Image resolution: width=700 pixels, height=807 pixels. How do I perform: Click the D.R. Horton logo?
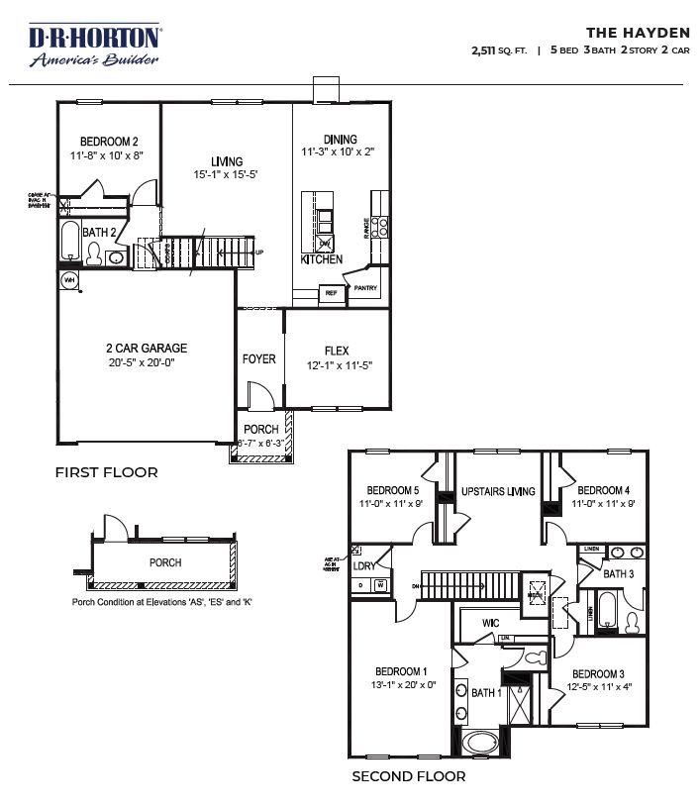click(x=94, y=46)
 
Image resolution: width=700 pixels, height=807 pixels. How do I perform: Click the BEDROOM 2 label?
click(x=108, y=142)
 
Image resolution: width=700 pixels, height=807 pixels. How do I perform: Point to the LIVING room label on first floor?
click(x=226, y=161)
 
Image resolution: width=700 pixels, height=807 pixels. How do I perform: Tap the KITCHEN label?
click(x=322, y=259)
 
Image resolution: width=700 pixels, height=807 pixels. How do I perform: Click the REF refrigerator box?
click(x=330, y=293)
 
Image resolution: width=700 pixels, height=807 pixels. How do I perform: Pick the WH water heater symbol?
click(x=69, y=281)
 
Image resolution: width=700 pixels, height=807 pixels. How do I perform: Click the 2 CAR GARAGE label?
click(x=147, y=349)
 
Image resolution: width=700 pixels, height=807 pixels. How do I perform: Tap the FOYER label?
click(x=259, y=358)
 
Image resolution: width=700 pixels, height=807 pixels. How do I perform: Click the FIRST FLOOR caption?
click(x=106, y=472)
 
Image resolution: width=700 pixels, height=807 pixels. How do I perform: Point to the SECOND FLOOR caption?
click(x=409, y=777)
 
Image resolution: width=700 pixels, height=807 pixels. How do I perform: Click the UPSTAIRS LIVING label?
click(x=498, y=492)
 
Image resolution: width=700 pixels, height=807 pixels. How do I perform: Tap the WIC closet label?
click(x=489, y=624)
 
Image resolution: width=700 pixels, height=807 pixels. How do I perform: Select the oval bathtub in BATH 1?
click(x=483, y=742)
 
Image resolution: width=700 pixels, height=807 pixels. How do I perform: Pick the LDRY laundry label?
click(x=364, y=565)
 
